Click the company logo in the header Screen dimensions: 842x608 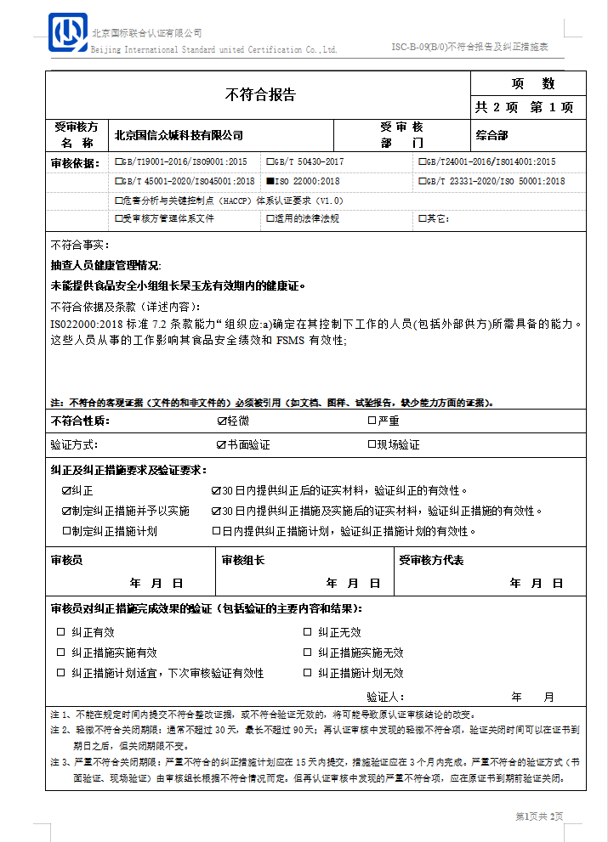coord(68,33)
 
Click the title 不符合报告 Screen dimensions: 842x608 coord(260,94)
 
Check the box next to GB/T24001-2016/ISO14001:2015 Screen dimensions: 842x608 coord(421,161)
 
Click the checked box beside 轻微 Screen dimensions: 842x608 coord(222,421)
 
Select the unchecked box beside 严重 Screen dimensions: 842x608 coord(372,421)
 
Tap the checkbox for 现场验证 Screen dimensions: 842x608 coord(372,444)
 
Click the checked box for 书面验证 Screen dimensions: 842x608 coord(222,444)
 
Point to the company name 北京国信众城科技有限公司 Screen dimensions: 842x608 coord(179,135)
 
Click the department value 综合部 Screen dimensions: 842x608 coord(492,135)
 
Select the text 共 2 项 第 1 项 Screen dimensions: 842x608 coord(525,107)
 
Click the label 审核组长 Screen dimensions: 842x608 coord(243,560)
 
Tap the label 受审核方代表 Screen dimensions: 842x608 coord(431,560)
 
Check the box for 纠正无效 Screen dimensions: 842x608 coord(308,632)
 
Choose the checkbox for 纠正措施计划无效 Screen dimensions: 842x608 coord(308,673)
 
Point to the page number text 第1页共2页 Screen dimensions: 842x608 coord(539,817)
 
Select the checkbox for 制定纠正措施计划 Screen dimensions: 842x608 coord(66,531)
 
